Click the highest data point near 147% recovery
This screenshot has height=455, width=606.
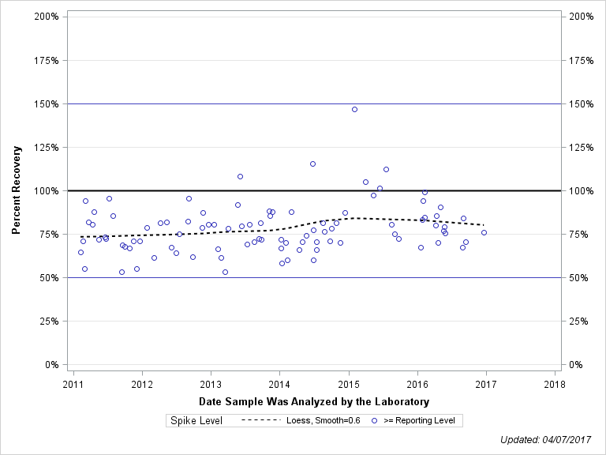pyautogui.click(x=354, y=109)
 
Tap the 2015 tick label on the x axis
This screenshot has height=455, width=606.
pyautogui.click(x=349, y=385)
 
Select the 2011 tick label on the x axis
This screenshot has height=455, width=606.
pyautogui.click(x=73, y=385)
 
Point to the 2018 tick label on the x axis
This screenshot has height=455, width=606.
pyautogui.click(x=555, y=385)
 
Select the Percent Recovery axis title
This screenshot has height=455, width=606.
pyautogui.click(x=17, y=190)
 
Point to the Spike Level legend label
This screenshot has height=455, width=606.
pyautogui.click(x=196, y=421)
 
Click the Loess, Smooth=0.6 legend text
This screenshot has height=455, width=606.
pyautogui.click(x=323, y=421)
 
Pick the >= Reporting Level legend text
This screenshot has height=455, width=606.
pyautogui.click(x=419, y=421)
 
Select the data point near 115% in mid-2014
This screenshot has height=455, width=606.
pyautogui.click(x=312, y=164)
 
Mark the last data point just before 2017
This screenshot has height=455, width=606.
pyautogui.click(x=484, y=232)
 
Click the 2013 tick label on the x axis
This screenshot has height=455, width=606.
pyautogui.click(x=211, y=385)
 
